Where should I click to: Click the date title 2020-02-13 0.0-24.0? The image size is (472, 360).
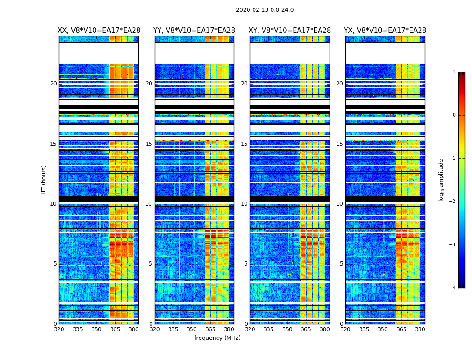click(265, 10)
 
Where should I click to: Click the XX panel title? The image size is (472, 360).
click(99, 31)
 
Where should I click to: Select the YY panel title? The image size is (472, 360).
click(194, 31)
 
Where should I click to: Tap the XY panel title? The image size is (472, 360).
click(290, 31)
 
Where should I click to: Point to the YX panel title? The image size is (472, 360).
click(385, 31)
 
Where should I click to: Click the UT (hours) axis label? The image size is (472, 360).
click(44, 180)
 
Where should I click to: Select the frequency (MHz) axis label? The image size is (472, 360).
click(217, 338)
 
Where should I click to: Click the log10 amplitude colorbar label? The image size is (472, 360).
click(441, 180)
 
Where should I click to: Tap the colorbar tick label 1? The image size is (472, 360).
click(454, 72)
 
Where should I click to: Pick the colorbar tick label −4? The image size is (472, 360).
click(453, 288)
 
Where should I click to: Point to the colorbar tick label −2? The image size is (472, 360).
click(453, 202)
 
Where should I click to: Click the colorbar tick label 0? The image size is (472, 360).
click(454, 115)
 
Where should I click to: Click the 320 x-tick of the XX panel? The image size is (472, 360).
click(59, 329)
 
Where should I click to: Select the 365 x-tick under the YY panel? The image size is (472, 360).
click(210, 329)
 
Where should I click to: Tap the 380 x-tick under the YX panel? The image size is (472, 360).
click(420, 329)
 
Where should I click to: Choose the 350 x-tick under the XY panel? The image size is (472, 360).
click(287, 329)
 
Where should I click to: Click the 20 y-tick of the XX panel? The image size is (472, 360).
click(53, 84)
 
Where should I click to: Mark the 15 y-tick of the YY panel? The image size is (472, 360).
click(149, 144)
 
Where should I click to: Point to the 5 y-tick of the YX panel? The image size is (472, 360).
click(342, 264)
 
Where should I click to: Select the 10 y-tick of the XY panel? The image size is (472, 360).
click(244, 204)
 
